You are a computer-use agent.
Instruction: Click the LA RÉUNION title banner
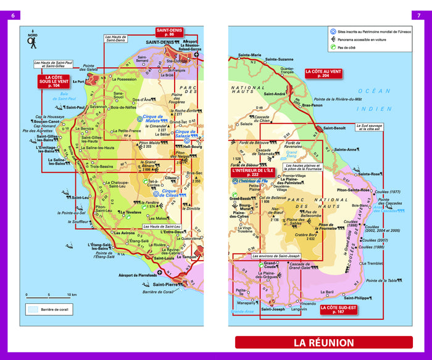click(323, 343)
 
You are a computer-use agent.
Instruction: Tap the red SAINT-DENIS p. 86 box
click(169, 32)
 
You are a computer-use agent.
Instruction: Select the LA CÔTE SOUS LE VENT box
click(52, 81)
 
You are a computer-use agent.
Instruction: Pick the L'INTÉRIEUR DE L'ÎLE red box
click(252, 172)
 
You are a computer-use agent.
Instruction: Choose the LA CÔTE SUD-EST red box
click(338, 309)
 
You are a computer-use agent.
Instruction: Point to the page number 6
click(10, 15)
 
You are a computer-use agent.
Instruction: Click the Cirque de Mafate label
click(151, 119)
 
